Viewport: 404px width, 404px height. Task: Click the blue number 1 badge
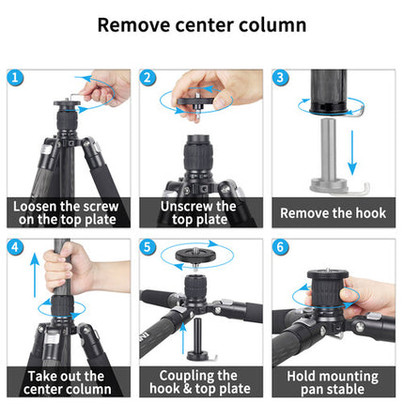click(x=15, y=78)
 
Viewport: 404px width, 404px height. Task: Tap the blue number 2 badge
click(x=148, y=78)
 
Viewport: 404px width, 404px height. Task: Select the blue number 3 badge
click(x=280, y=78)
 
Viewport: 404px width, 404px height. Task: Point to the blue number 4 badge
click(x=15, y=247)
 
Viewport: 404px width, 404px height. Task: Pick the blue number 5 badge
click(x=148, y=247)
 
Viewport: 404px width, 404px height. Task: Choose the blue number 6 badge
click(x=280, y=247)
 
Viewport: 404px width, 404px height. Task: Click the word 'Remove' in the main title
click(x=134, y=25)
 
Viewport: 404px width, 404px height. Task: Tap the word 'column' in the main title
click(x=272, y=25)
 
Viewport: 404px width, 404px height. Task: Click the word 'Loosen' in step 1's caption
click(x=35, y=207)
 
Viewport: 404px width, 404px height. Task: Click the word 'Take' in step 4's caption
click(x=39, y=376)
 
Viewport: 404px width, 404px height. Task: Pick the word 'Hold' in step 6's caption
click(x=300, y=376)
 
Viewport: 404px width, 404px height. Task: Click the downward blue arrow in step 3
click(x=352, y=153)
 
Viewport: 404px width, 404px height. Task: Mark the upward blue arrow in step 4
click(x=35, y=275)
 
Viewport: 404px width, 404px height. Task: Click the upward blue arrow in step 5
click(x=183, y=339)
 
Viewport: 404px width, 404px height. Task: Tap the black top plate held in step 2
click(x=195, y=101)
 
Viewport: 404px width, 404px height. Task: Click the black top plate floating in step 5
click(x=195, y=255)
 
